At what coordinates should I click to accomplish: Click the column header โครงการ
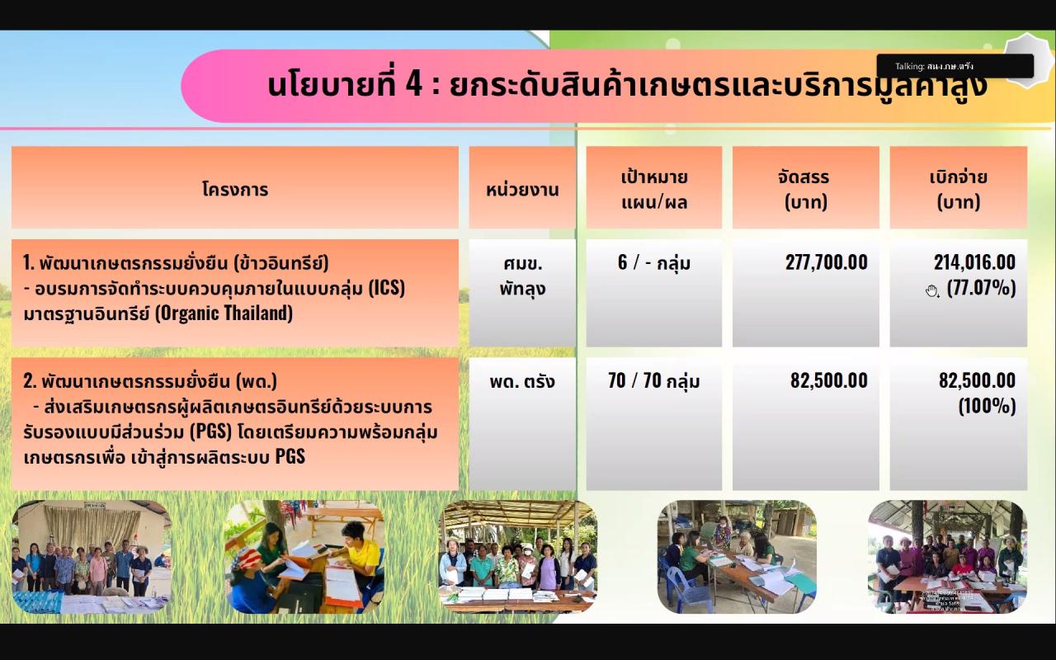[x=235, y=189]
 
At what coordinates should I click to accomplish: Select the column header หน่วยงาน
[x=522, y=189]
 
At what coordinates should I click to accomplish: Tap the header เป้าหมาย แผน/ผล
[x=654, y=189]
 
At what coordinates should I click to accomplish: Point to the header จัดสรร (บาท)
[x=805, y=189]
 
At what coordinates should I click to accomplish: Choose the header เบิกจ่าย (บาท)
[x=958, y=189]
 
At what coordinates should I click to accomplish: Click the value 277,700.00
[x=827, y=262]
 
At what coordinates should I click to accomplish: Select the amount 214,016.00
[x=974, y=262]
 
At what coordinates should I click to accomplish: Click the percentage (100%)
[x=987, y=406]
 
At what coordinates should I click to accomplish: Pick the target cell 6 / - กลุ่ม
[x=654, y=263]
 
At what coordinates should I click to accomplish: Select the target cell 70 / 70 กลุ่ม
[x=654, y=381]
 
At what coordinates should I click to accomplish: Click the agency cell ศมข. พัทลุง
[x=523, y=276]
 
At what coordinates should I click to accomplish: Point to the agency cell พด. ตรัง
[x=522, y=381]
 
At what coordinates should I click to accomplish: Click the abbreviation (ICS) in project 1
[x=387, y=288]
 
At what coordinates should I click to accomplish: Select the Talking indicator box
[x=955, y=66]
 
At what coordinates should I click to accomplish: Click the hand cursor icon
[x=932, y=290]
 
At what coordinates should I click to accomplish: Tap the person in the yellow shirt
[x=359, y=550]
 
